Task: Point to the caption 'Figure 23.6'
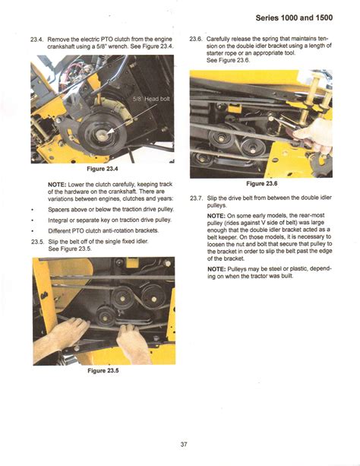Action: [262, 184]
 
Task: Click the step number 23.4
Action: [38, 38]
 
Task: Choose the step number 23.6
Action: [194, 38]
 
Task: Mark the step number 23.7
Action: [194, 198]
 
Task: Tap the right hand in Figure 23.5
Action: [135, 332]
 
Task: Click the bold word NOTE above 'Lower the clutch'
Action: [57, 185]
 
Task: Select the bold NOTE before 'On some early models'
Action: [216, 215]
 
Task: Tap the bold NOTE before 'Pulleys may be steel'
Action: [216, 268]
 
